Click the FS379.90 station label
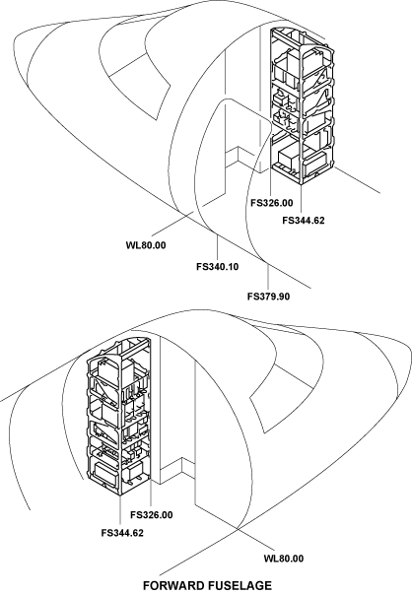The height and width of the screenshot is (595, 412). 268,296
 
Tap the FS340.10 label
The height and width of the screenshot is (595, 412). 217,267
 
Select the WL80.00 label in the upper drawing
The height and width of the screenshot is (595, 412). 146,245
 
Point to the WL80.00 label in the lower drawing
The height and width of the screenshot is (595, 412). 284,559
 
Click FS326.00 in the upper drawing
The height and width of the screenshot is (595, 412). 271,203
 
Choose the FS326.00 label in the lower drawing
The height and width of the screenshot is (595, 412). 152,515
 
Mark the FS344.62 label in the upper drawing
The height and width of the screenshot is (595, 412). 304,220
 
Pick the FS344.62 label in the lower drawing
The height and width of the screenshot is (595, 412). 122,533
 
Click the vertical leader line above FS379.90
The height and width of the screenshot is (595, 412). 268,277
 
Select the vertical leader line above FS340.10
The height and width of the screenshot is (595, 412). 217,248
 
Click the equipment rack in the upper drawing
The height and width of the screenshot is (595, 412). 303,106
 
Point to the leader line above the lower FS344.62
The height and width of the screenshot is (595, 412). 120,511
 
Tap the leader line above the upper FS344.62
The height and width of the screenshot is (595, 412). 302,199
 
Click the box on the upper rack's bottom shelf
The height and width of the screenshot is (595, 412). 289,160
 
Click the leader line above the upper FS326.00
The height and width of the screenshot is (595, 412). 270,182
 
